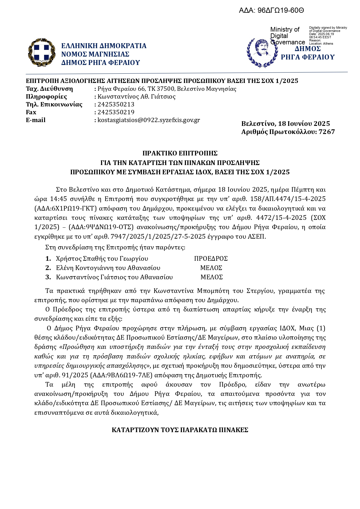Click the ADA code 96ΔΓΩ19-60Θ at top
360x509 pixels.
(281, 11)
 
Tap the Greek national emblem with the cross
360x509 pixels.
(41, 52)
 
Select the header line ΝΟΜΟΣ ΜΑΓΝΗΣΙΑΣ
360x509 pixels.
(95, 54)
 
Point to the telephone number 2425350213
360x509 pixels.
(116, 104)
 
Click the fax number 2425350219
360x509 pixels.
(116, 112)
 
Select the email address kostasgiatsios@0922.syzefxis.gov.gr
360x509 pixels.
(149, 120)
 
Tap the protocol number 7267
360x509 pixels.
(327, 132)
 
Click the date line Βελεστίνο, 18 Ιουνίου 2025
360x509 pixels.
(285, 124)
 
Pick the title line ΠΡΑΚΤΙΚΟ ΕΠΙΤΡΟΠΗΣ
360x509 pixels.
(180, 153)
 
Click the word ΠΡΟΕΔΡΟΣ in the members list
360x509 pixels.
(211, 258)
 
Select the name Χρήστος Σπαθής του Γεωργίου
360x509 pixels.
(102, 258)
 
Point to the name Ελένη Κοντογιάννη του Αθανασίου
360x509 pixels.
(108, 268)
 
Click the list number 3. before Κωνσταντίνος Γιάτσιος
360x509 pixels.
(48, 277)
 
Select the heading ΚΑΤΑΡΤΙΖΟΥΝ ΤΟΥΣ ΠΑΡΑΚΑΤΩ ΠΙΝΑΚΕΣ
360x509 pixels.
(180, 430)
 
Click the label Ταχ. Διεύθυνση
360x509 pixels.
(49, 89)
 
